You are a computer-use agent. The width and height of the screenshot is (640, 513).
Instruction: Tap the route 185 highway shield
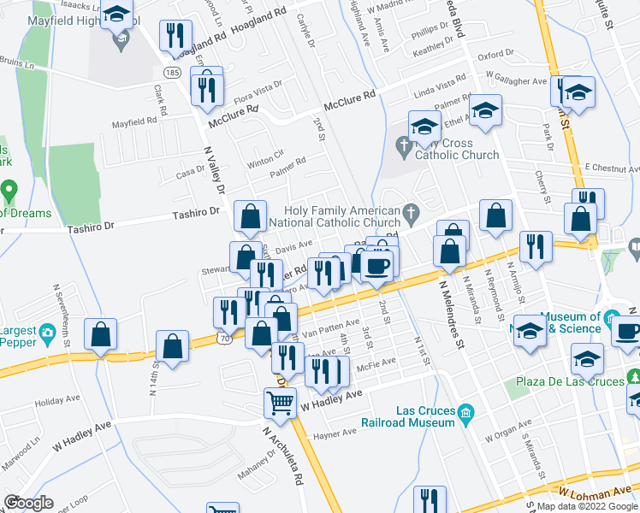tap(171, 74)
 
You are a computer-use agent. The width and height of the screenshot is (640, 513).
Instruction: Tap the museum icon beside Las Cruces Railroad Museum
tap(466, 414)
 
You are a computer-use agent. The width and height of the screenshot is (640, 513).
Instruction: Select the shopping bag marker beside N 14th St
tap(172, 346)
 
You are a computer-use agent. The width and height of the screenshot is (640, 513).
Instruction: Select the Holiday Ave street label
tap(55, 400)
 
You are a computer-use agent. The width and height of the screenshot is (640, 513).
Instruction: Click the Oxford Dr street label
tap(495, 54)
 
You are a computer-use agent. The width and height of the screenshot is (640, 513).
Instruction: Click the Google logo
tap(28, 503)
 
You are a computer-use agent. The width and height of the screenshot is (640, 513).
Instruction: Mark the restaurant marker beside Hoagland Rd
tap(175, 35)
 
